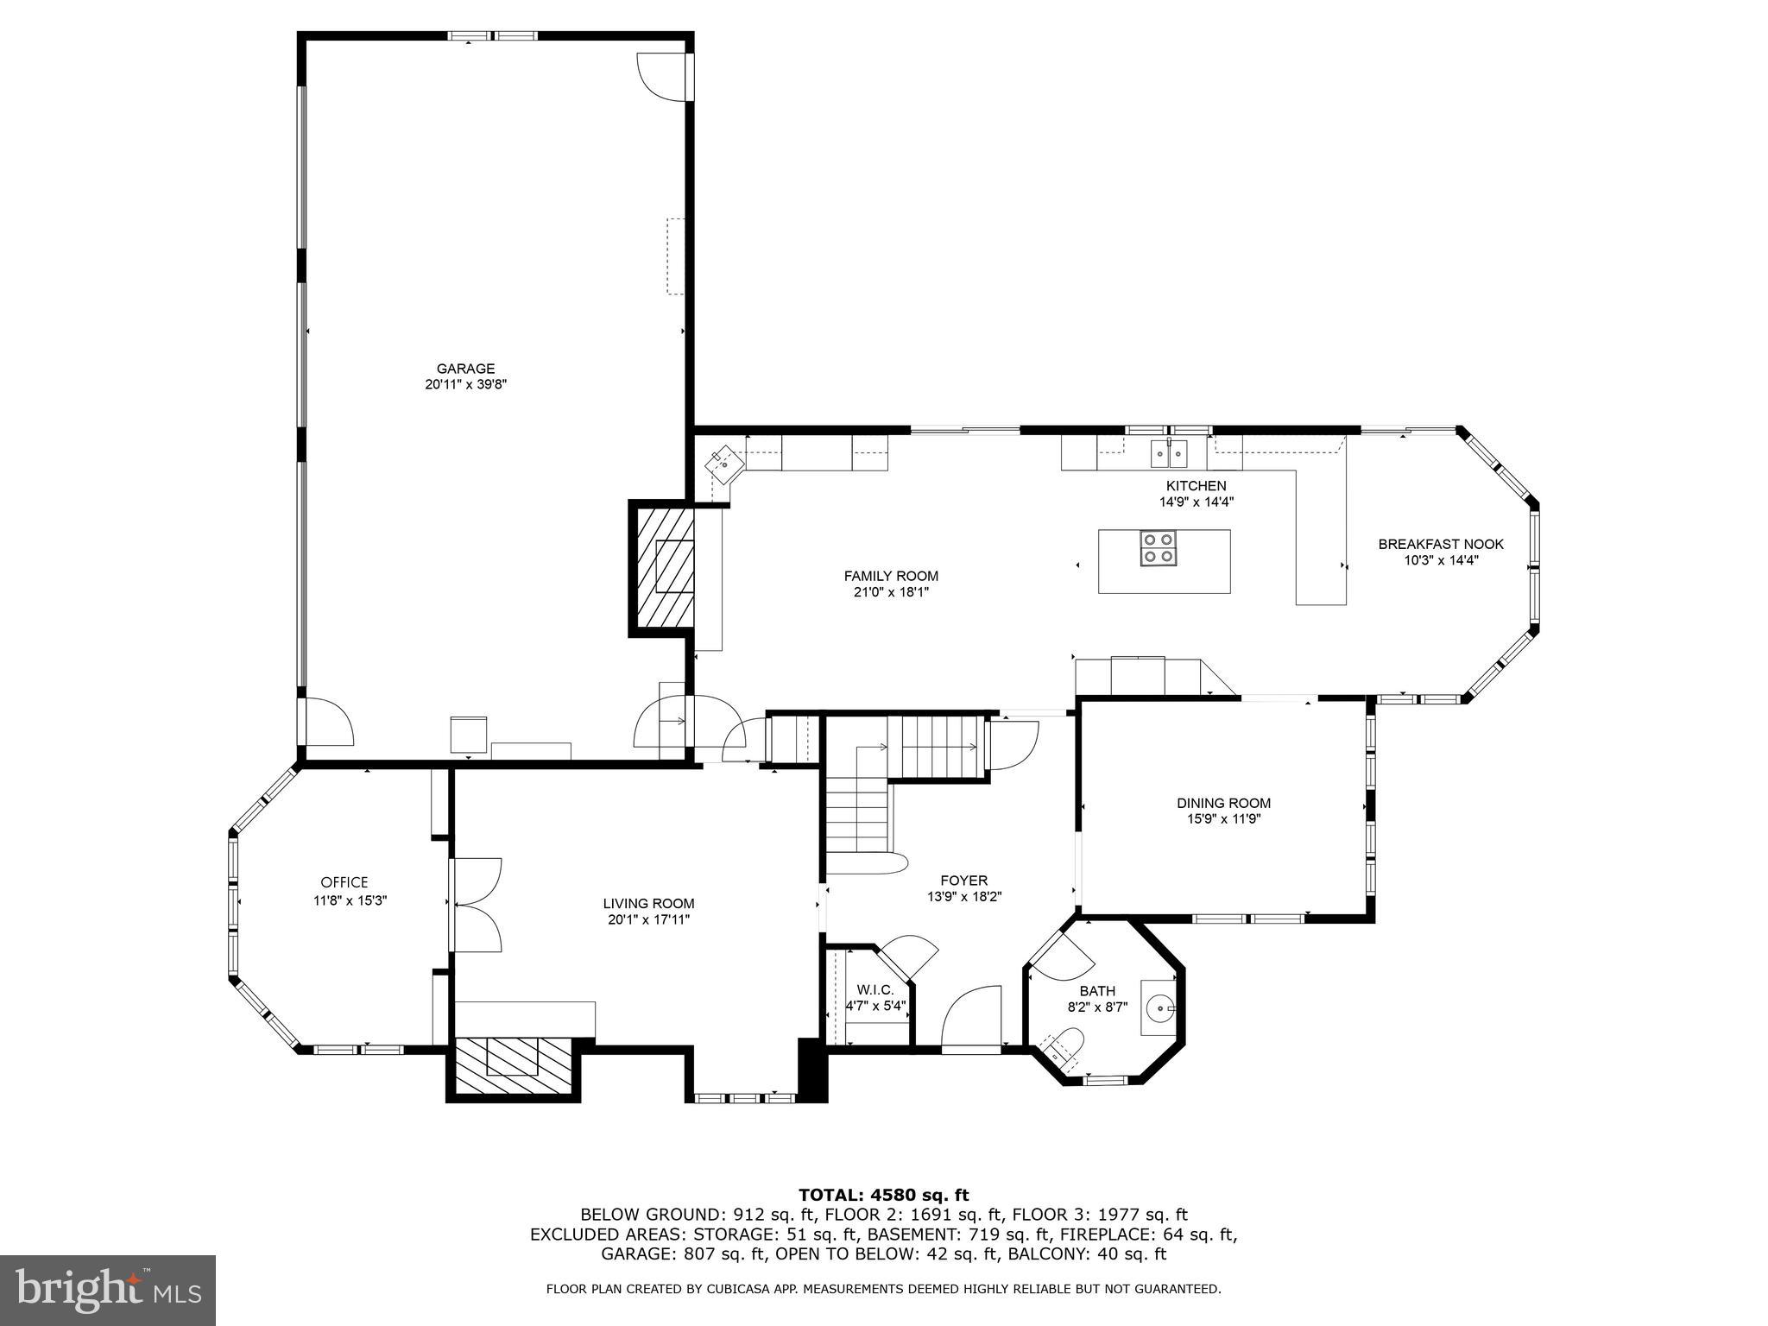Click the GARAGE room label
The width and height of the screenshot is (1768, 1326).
click(465, 369)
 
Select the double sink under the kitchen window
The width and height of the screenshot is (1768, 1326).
click(1169, 452)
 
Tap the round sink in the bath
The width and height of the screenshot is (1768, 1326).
click(1161, 1007)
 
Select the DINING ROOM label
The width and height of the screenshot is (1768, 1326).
click(1223, 803)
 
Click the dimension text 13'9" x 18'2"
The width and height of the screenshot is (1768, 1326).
click(964, 896)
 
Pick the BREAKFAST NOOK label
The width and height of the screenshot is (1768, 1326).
click(1441, 544)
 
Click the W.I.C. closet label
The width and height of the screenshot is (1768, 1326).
click(875, 990)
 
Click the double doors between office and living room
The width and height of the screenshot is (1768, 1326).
click(475, 905)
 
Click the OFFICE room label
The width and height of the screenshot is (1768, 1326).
click(344, 882)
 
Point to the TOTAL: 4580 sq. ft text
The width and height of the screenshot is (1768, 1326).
click(883, 1195)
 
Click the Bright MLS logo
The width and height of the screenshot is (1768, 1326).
click(108, 1290)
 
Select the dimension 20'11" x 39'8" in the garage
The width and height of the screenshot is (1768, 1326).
click(465, 385)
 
